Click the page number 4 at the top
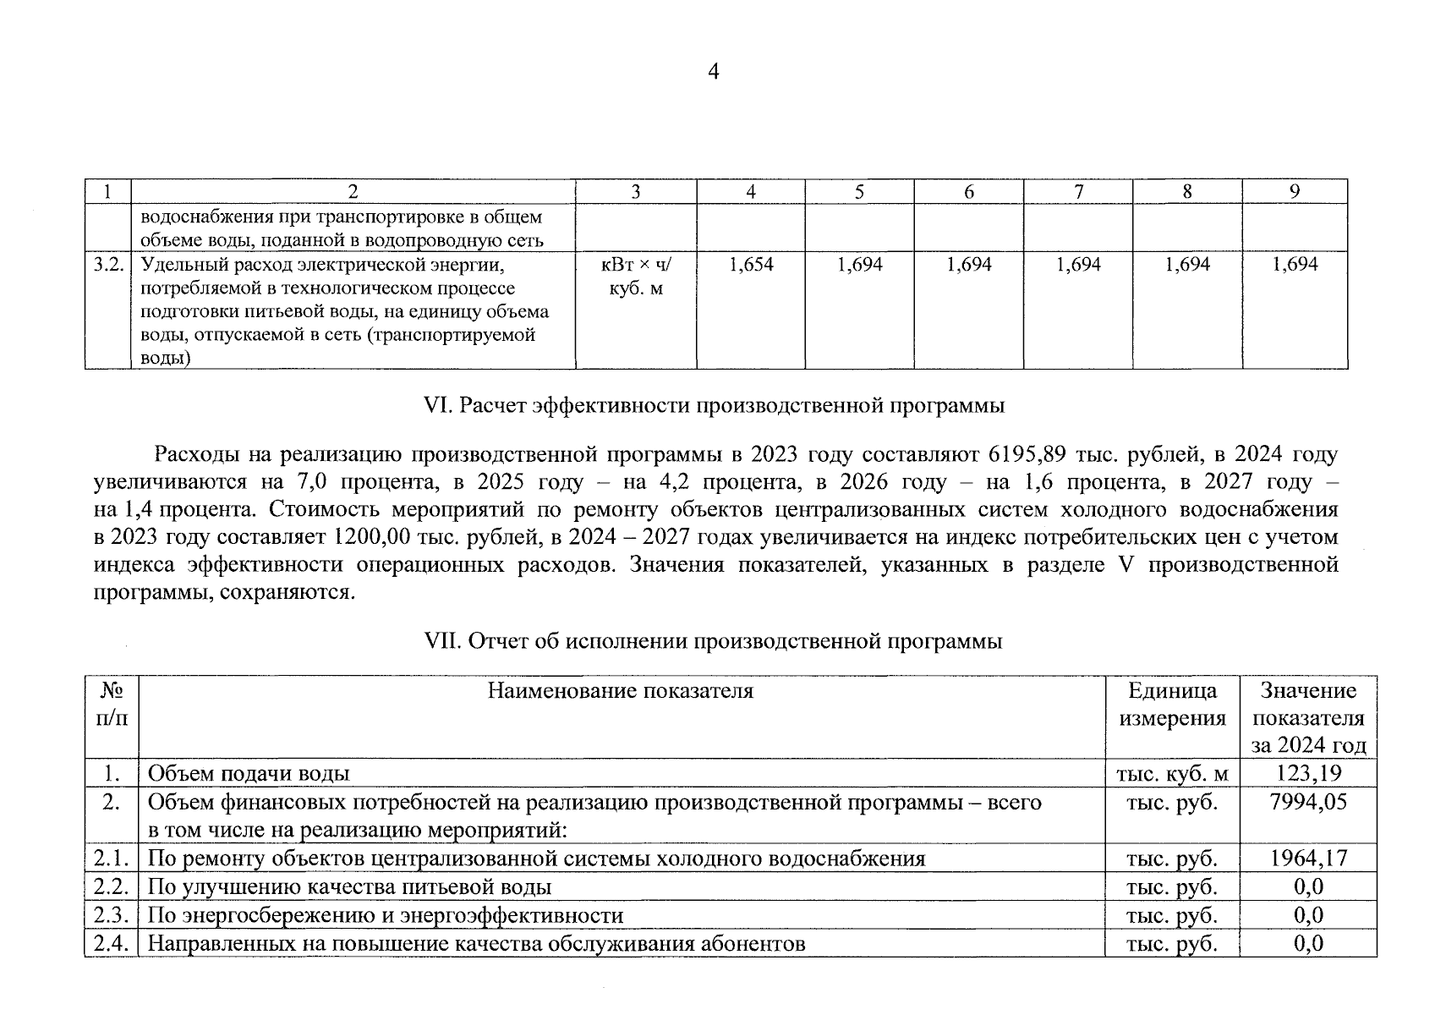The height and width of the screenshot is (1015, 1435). tap(712, 72)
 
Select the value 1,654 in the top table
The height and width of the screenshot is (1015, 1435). tap(751, 265)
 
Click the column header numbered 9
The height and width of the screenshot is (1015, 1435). tap(1294, 192)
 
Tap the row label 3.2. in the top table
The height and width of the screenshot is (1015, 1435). tap(108, 265)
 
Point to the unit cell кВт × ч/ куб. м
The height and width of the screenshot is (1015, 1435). tap(635, 277)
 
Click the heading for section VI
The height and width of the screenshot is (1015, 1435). tap(714, 405)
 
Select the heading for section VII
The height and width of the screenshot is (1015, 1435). tap(713, 641)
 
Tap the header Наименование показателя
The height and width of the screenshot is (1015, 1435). tap(620, 691)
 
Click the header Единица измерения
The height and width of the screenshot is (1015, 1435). tap(1172, 705)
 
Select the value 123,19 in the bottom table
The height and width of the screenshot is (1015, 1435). tap(1308, 773)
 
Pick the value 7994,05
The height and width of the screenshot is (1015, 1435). tap(1308, 801)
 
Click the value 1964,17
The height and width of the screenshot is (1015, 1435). tap(1308, 859)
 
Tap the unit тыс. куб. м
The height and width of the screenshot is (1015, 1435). tap(1172, 773)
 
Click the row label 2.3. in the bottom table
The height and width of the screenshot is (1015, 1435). tap(111, 915)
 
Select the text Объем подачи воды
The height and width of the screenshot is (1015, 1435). tap(249, 773)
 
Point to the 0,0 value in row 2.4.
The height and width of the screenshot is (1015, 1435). tap(1308, 943)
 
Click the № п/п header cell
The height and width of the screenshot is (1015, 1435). tap(111, 705)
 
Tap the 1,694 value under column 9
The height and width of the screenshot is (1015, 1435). tap(1295, 265)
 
